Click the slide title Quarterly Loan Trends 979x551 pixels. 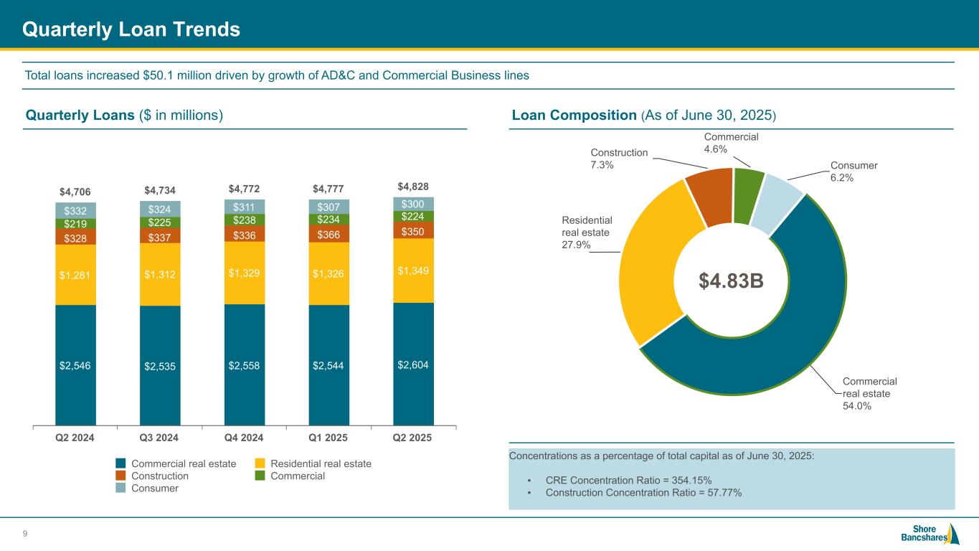[x=131, y=29]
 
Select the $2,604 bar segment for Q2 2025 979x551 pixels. [x=413, y=364]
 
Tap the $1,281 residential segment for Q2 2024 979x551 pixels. [x=75, y=274]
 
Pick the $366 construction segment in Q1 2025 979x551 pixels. [x=328, y=234]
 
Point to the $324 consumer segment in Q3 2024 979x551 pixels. [x=160, y=209]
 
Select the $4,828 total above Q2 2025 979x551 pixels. [x=412, y=187]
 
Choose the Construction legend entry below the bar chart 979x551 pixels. [x=159, y=476]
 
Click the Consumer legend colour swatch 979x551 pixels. [x=121, y=488]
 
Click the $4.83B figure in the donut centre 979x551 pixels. [x=732, y=282]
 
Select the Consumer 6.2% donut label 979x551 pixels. [x=853, y=171]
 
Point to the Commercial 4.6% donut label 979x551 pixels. [x=730, y=143]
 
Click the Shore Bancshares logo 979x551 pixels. [x=930, y=534]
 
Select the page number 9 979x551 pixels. [x=26, y=533]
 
